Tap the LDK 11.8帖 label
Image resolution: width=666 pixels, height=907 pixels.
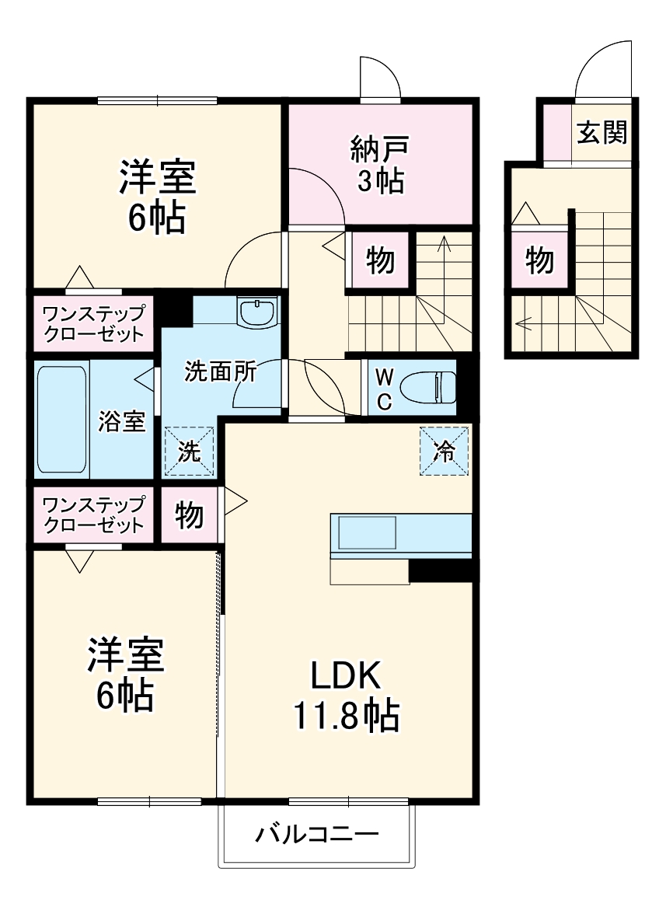point(345,696)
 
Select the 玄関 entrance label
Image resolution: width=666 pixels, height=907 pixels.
point(601,133)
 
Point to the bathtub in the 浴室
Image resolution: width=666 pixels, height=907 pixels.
point(62,419)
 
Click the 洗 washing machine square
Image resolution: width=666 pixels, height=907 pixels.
point(189,452)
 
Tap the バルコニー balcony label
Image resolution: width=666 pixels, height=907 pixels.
point(317,835)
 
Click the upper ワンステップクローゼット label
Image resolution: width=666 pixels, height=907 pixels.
point(93,324)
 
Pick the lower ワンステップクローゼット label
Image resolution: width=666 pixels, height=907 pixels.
point(93,514)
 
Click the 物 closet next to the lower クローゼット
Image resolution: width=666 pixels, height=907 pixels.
point(189,515)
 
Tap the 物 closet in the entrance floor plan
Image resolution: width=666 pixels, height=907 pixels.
point(539,260)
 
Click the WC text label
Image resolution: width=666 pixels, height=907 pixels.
point(385,389)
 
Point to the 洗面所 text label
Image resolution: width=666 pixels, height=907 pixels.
point(220,372)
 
